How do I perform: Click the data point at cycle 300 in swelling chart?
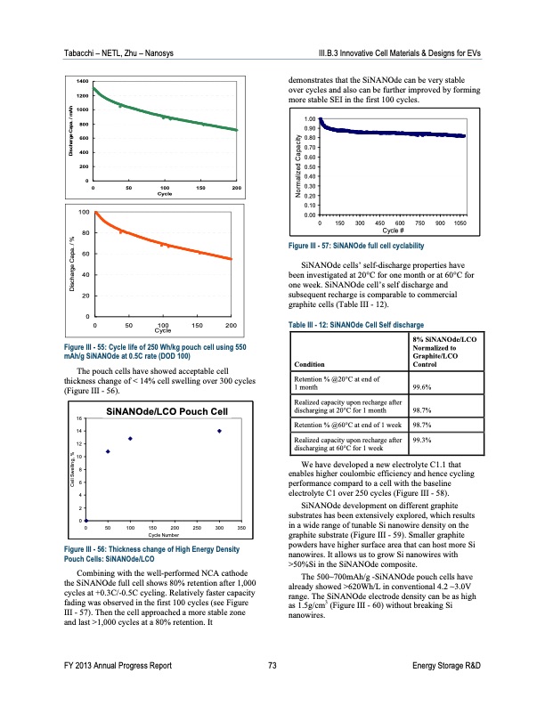pyautogui.click(x=219, y=431)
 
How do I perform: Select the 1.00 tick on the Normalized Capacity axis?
pyautogui.click(x=310, y=118)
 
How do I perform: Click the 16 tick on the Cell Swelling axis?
pyautogui.click(x=80, y=418)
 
